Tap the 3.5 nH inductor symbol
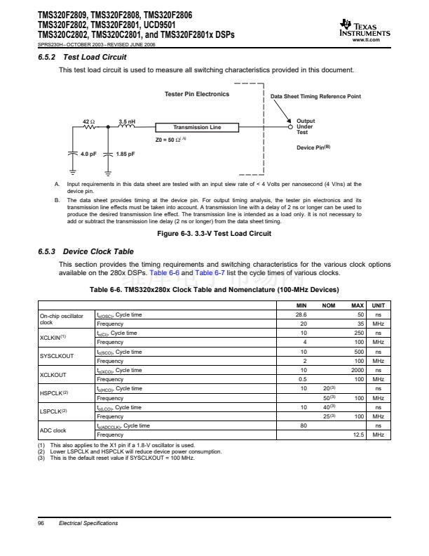[x=127, y=127]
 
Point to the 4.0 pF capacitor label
[x=88, y=153]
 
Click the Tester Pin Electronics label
[x=196, y=94]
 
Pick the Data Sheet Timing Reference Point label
[x=315, y=96]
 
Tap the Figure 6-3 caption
[x=213, y=233]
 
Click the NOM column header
[x=328, y=305]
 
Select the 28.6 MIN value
[x=303, y=315]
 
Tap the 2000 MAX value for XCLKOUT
[x=357, y=370]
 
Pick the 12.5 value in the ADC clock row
[x=357, y=435]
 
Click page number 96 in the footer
[x=41, y=524]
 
